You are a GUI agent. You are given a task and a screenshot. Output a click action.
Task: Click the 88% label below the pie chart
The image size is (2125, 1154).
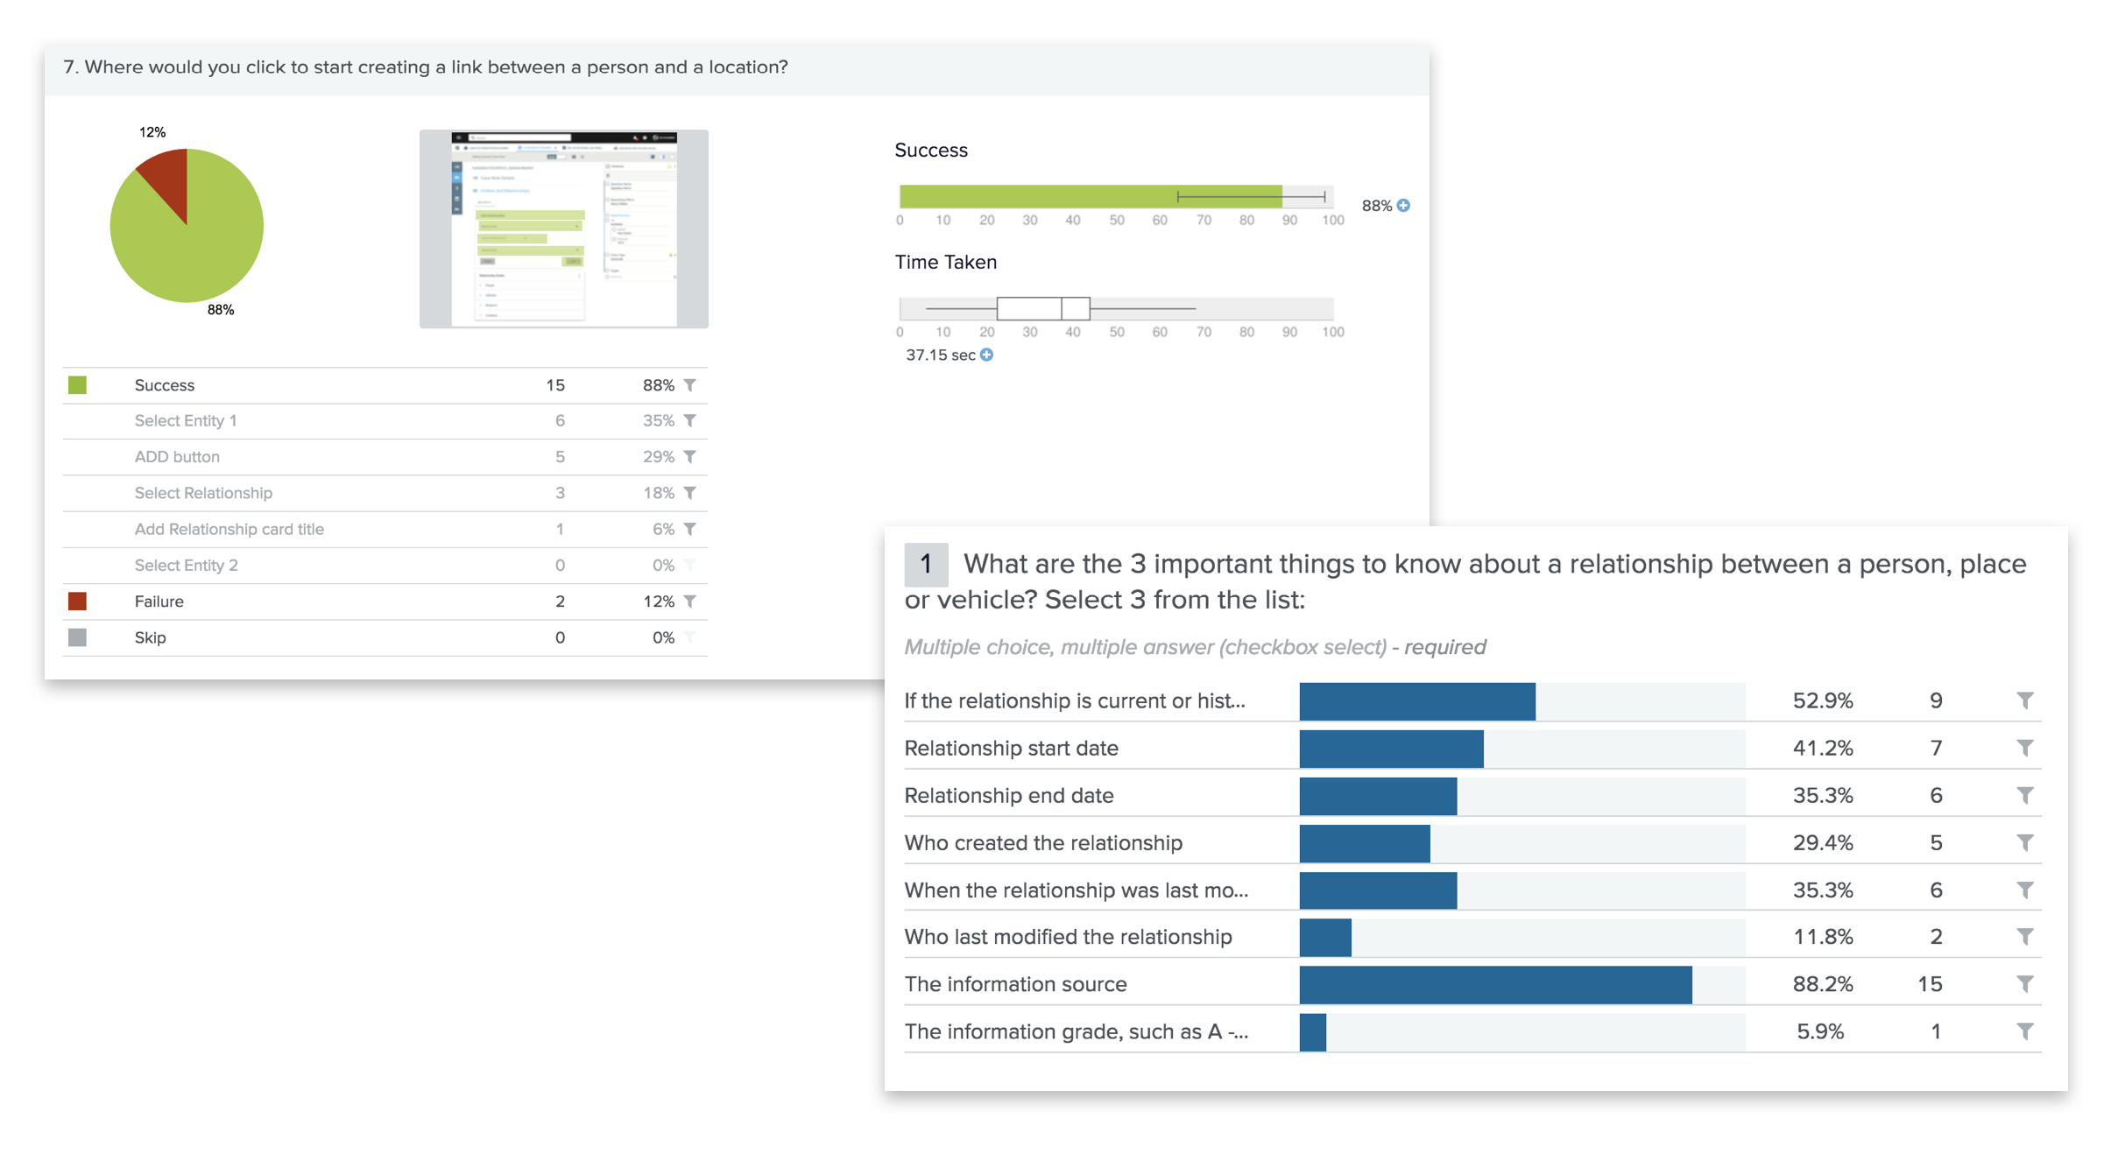point(221,310)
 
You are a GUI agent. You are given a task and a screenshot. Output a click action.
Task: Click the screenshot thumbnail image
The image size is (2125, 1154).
point(563,229)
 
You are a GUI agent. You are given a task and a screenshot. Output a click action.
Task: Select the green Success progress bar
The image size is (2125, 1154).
point(1090,196)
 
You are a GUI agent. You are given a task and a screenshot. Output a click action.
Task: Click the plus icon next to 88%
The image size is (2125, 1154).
point(1403,206)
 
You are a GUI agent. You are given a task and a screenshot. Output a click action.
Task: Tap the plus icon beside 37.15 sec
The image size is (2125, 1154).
point(987,355)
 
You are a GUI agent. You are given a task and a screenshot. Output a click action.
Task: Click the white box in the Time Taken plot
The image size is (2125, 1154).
point(1042,308)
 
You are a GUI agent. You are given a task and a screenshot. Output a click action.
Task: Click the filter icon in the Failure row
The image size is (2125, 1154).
point(690,602)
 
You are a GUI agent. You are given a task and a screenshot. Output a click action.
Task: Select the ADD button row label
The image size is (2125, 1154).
point(177,457)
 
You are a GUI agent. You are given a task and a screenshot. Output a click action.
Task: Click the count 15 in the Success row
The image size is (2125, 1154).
point(555,385)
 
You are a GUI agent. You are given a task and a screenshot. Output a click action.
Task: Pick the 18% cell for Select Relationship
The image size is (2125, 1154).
point(658,493)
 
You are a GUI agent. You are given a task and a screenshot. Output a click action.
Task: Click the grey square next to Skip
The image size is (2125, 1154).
point(77,637)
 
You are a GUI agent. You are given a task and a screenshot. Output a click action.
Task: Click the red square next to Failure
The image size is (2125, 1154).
point(77,602)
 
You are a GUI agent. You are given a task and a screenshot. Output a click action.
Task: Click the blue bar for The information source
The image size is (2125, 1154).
point(1494,984)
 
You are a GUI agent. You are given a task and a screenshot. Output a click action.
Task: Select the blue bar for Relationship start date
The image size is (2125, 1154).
point(1391,749)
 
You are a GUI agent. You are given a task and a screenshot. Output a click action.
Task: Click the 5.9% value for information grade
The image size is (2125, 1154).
point(1820,1031)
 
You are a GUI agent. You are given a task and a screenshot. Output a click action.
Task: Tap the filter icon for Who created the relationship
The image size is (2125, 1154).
point(2024,842)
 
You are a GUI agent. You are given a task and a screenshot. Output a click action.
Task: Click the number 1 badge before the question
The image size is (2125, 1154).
point(926,565)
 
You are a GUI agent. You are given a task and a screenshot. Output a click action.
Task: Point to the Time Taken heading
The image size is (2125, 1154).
point(945,263)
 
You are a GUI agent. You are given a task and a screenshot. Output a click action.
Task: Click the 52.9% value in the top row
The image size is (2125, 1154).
point(1822,700)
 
